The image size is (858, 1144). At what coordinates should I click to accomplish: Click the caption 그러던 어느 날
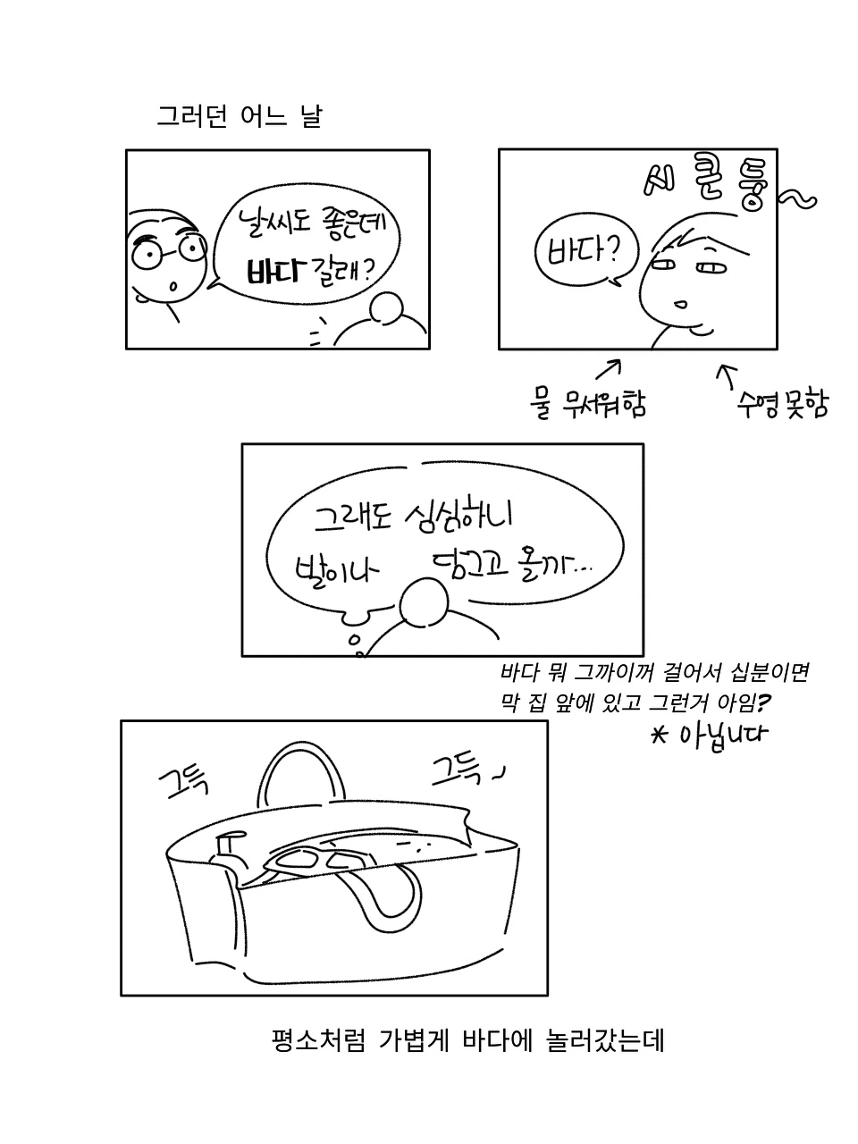pyautogui.click(x=240, y=117)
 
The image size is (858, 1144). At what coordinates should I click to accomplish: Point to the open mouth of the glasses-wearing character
pyautogui.click(x=173, y=287)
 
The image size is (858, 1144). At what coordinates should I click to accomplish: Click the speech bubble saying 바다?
pyautogui.click(x=586, y=253)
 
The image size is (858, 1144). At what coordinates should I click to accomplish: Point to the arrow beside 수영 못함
pyautogui.click(x=728, y=376)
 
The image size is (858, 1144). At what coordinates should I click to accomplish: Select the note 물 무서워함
pyautogui.click(x=587, y=403)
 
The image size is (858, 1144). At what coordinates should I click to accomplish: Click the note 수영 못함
pyautogui.click(x=782, y=403)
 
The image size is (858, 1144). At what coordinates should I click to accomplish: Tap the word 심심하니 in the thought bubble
pyautogui.click(x=458, y=516)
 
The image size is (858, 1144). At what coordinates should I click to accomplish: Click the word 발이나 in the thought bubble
pyautogui.click(x=336, y=569)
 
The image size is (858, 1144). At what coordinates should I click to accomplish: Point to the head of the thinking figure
pyautogui.click(x=424, y=602)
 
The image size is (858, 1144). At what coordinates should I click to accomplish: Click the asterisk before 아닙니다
pyautogui.click(x=660, y=736)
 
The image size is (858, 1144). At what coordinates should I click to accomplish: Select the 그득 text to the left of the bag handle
pyautogui.click(x=183, y=783)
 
